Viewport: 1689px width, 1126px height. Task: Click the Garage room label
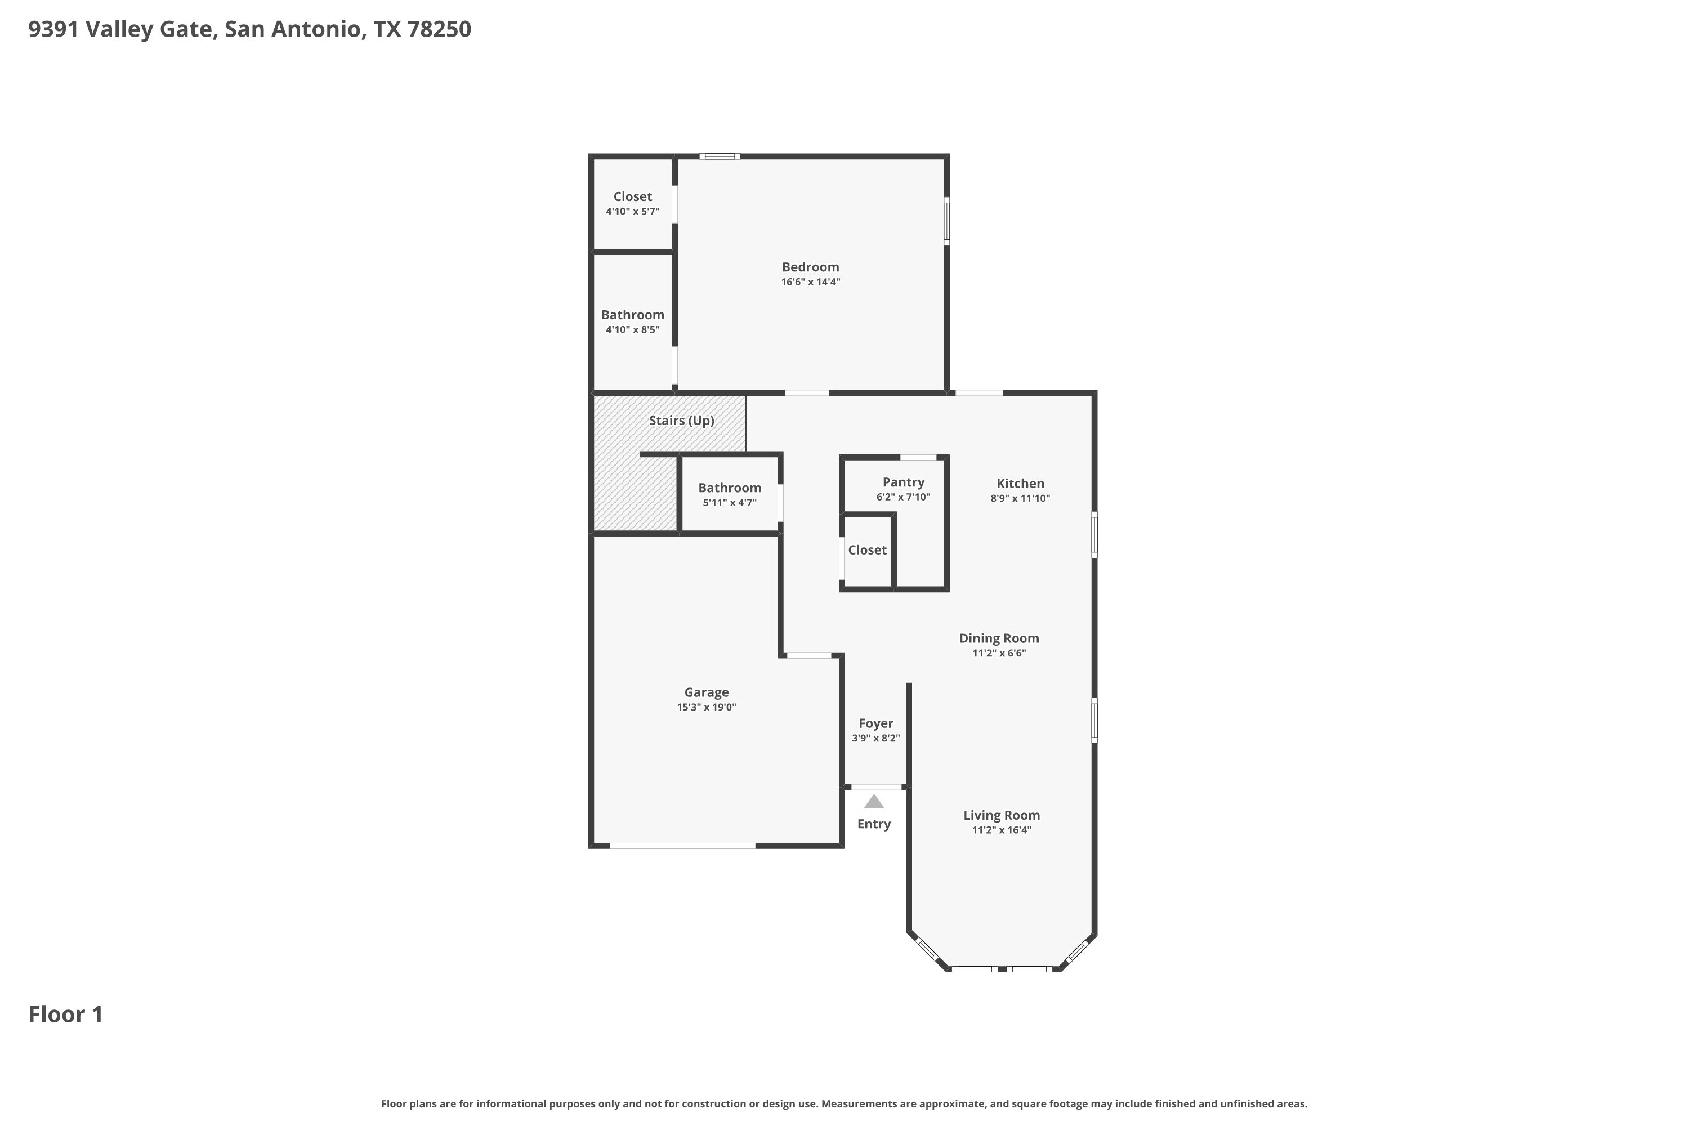click(706, 692)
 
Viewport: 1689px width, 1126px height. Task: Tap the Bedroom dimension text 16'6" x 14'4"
click(810, 282)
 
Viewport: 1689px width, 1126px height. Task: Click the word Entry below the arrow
click(873, 824)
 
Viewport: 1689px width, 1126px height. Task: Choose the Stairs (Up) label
click(681, 421)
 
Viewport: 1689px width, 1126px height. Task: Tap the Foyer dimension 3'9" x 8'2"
click(875, 738)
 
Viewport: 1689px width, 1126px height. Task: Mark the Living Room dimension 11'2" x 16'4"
click(1001, 830)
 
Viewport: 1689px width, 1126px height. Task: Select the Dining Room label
click(999, 638)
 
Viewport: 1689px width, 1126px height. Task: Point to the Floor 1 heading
click(65, 1015)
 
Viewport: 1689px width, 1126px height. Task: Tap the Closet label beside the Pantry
click(867, 550)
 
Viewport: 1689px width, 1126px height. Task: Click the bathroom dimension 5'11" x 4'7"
click(729, 503)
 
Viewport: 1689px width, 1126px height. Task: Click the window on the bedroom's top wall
click(720, 156)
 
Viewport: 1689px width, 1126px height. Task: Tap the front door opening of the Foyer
click(876, 787)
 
